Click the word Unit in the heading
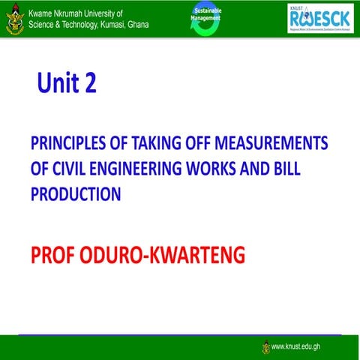click(x=57, y=83)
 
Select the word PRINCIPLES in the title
click(x=67, y=144)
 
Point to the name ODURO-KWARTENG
click(x=165, y=255)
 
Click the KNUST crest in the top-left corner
click(x=13, y=18)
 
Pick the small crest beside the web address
click(x=266, y=346)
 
